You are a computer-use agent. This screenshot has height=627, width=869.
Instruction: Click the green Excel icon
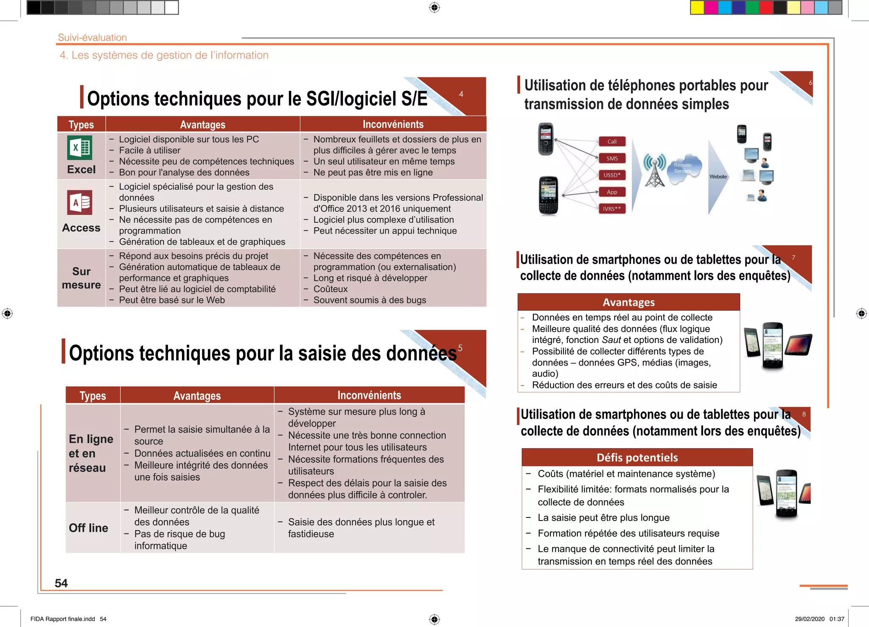point(80,147)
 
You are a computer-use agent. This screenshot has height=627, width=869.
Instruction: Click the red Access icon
point(80,202)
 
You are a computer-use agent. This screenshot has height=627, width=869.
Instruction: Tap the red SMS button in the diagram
point(612,158)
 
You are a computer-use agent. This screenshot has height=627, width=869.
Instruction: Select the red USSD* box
point(612,175)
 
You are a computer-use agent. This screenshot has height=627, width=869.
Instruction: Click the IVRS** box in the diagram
point(612,209)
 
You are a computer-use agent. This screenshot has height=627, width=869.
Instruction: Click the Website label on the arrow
point(718,177)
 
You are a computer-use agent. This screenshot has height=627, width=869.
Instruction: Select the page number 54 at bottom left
point(61,583)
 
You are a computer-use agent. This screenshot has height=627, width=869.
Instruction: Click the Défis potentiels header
point(637,458)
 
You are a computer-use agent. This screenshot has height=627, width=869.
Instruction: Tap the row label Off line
point(88,528)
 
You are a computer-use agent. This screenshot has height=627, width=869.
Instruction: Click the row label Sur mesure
point(81,278)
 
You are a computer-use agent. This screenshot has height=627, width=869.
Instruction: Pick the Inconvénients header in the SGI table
point(393,124)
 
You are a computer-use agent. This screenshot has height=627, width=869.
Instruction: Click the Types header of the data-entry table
point(93,396)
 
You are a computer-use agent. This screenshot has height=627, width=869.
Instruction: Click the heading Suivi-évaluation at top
point(93,37)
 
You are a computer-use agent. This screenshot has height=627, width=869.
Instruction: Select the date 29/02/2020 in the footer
point(810,619)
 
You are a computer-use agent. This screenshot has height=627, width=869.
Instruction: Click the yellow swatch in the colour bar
point(697,8)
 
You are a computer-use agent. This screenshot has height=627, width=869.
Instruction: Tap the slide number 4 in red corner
point(461,94)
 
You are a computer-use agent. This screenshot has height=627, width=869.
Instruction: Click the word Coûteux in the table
point(331,289)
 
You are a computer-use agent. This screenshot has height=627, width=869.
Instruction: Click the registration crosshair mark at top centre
point(434,8)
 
